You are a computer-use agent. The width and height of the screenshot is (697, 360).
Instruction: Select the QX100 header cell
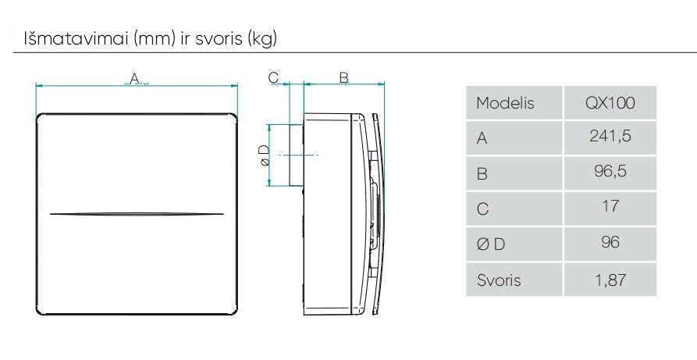tap(610, 103)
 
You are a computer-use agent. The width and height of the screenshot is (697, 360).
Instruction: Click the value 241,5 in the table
tap(610, 137)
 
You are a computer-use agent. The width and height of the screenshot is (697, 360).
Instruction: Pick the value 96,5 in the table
tap(610, 173)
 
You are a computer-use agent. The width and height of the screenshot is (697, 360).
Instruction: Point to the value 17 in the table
tap(610, 207)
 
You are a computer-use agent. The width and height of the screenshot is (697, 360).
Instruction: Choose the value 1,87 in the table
tap(610, 279)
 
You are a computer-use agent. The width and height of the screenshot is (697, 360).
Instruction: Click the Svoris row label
tap(498, 280)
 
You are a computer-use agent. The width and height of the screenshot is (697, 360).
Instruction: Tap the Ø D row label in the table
tap(490, 244)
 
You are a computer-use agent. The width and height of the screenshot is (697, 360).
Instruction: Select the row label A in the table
tap(482, 138)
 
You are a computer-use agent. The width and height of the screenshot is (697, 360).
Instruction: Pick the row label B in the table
tap(482, 173)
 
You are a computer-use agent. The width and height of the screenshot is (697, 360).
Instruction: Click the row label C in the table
tap(482, 209)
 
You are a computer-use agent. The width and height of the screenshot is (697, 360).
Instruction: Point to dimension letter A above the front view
tap(133, 77)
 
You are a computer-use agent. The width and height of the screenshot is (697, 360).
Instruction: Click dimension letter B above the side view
tap(343, 77)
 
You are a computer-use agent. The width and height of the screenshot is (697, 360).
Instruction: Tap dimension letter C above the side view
tap(274, 77)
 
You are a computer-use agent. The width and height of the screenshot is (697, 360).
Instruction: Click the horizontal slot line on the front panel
tap(137, 213)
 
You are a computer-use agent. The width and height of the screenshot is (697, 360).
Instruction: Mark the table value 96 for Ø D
tap(610, 243)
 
